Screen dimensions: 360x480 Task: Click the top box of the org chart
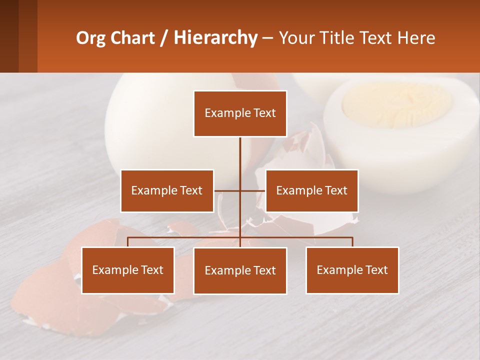pos(240,113)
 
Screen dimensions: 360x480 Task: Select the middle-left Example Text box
pos(167,190)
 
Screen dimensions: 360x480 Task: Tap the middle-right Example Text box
pos(311,190)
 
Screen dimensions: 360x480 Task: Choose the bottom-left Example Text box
pos(128,270)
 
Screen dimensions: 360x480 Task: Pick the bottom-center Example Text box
pos(240,270)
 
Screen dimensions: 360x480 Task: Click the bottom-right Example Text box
pos(352,270)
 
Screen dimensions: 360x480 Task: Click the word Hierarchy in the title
pos(215,38)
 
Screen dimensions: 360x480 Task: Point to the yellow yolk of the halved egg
pos(395,105)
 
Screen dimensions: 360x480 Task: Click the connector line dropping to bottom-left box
pos(128,242)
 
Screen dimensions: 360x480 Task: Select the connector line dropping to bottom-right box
pos(352,242)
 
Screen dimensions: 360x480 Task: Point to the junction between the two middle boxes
pos(240,190)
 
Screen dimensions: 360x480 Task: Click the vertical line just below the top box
pos(240,150)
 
